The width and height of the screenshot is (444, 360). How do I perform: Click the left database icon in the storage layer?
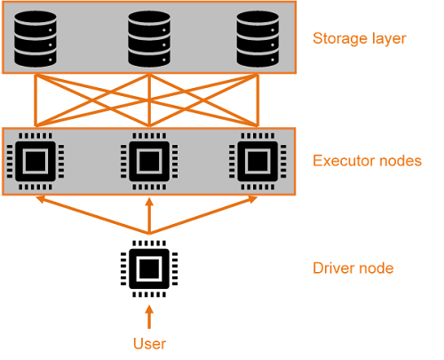[36, 39]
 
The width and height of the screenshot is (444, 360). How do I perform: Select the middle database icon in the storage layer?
[149, 39]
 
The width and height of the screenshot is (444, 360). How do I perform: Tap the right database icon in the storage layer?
[258, 39]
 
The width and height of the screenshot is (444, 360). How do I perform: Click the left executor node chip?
[36, 162]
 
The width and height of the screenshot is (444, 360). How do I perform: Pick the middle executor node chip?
[149, 162]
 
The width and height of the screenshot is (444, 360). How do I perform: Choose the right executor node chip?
[258, 162]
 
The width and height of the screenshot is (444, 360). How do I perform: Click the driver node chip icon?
[149, 268]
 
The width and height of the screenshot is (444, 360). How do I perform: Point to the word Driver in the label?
[330, 268]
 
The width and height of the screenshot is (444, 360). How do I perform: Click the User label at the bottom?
[149, 344]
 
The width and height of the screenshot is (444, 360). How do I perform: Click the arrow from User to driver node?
[149, 317]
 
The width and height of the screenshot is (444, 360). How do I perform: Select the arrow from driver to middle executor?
[149, 216]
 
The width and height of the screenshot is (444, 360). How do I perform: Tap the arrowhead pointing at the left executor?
[40, 199]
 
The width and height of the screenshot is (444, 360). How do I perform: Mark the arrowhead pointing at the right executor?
[253, 199]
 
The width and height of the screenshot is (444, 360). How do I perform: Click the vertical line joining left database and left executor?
[36, 100]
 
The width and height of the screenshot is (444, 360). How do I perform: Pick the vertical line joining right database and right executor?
[258, 100]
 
